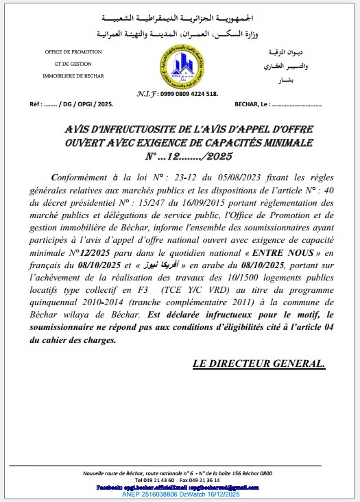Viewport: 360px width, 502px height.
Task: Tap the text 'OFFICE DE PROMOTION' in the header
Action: (x=73, y=53)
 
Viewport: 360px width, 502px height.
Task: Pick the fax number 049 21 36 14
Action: (x=213, y=481)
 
